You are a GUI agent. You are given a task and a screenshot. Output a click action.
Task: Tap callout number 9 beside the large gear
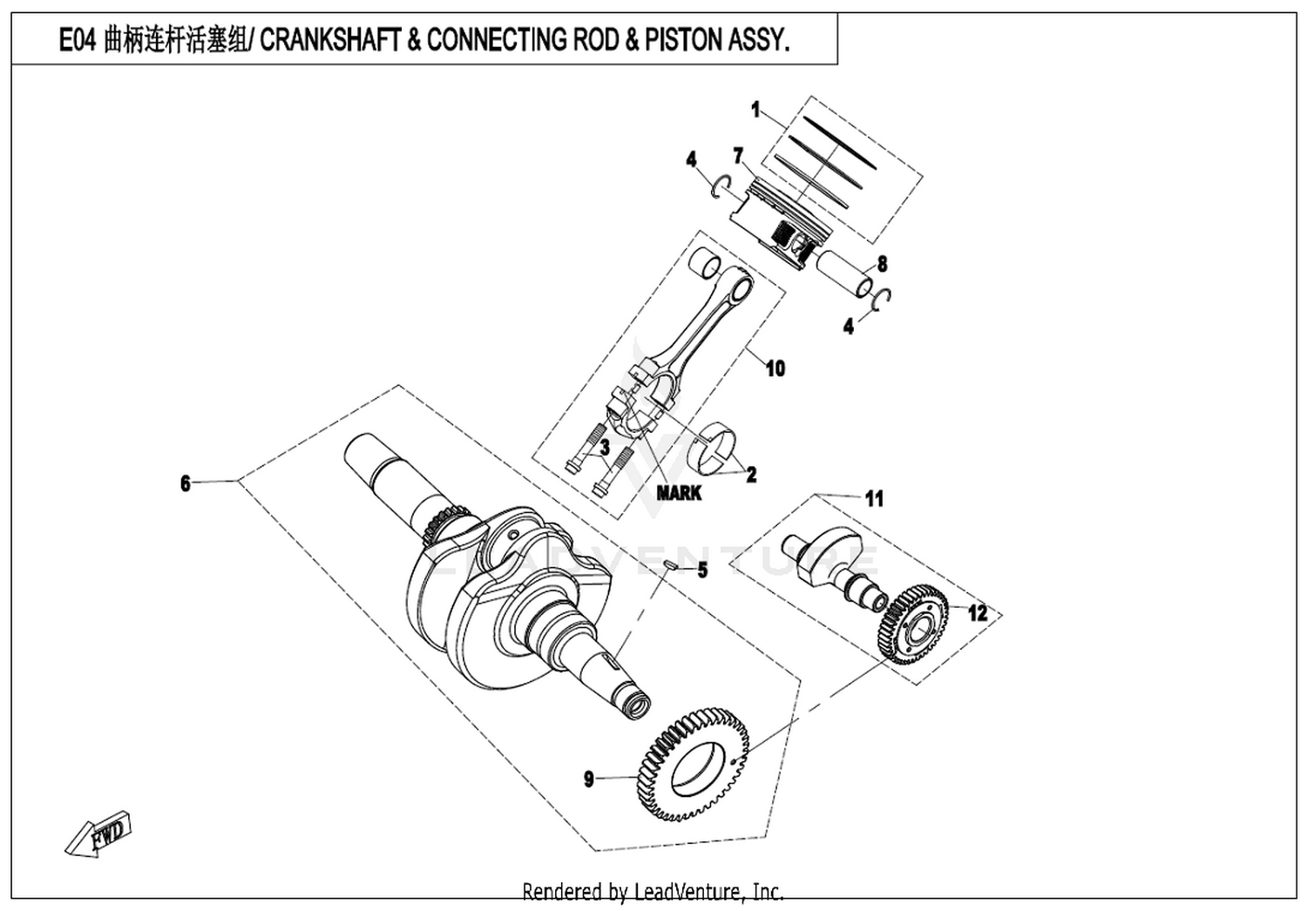tap(589, 778)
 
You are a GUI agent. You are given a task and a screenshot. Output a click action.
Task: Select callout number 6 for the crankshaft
tap(185, 482)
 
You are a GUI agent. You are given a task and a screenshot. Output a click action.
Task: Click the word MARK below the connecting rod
tap(679, 493)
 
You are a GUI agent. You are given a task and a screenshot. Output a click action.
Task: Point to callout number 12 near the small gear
tap(979, 613)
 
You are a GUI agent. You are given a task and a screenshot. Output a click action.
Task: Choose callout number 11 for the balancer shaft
tap(874, 498)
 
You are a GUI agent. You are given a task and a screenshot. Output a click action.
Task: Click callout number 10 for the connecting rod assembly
tap(775, 368)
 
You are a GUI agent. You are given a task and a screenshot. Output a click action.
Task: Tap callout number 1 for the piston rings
tap(755, 111)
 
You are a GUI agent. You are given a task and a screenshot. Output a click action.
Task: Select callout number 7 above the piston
tap(738, 156)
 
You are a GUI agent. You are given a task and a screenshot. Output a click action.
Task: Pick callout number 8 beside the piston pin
tap(882, 264)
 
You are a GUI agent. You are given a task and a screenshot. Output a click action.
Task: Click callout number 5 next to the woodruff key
tap(701, 571)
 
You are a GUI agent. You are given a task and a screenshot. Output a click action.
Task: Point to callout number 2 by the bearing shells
tap(750, 475)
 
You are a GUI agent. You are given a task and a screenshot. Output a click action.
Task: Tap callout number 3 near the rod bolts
tap(603, 448)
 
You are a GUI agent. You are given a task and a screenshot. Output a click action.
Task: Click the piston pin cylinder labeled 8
tap(844, 271)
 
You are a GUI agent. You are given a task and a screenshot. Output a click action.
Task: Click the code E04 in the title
tap(77, 41)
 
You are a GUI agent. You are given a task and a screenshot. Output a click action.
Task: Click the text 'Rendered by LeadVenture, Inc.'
tap(653, 892)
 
